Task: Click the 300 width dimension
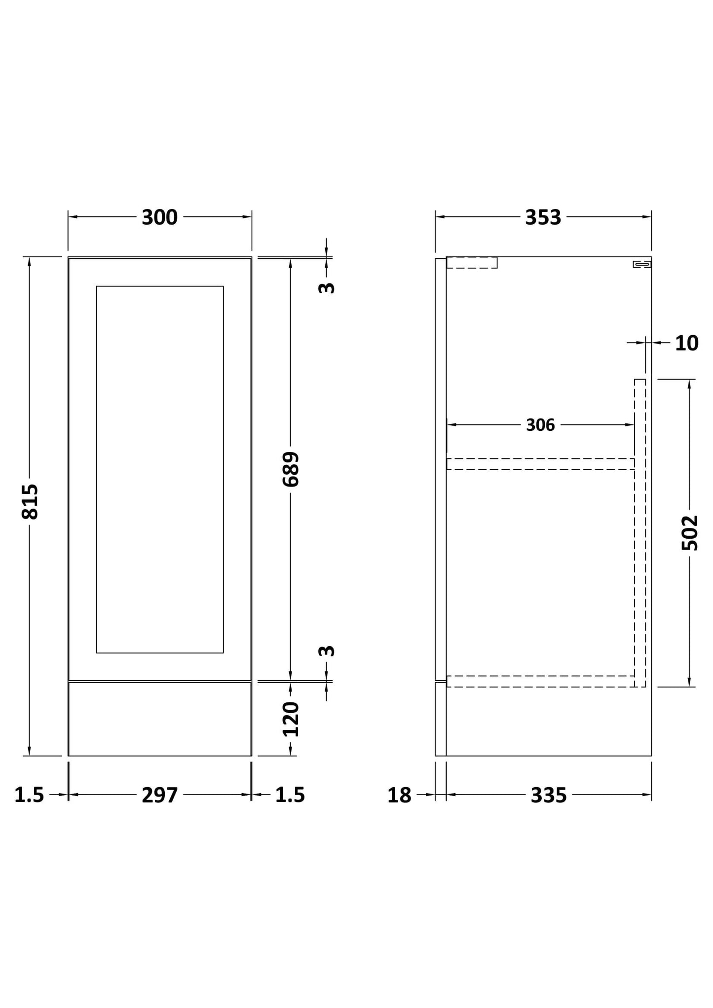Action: point(159,217)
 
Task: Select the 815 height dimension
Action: point(30,501)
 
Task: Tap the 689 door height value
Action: point(291,469)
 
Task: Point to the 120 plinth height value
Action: point(291,719)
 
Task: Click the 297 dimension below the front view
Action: point(159,795)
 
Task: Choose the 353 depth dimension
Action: point(543,217)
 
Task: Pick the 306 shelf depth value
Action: point(540,425)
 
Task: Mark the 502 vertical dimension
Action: point(690,533)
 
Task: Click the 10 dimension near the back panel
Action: point(686,343)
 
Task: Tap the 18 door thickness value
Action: point(399,795)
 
